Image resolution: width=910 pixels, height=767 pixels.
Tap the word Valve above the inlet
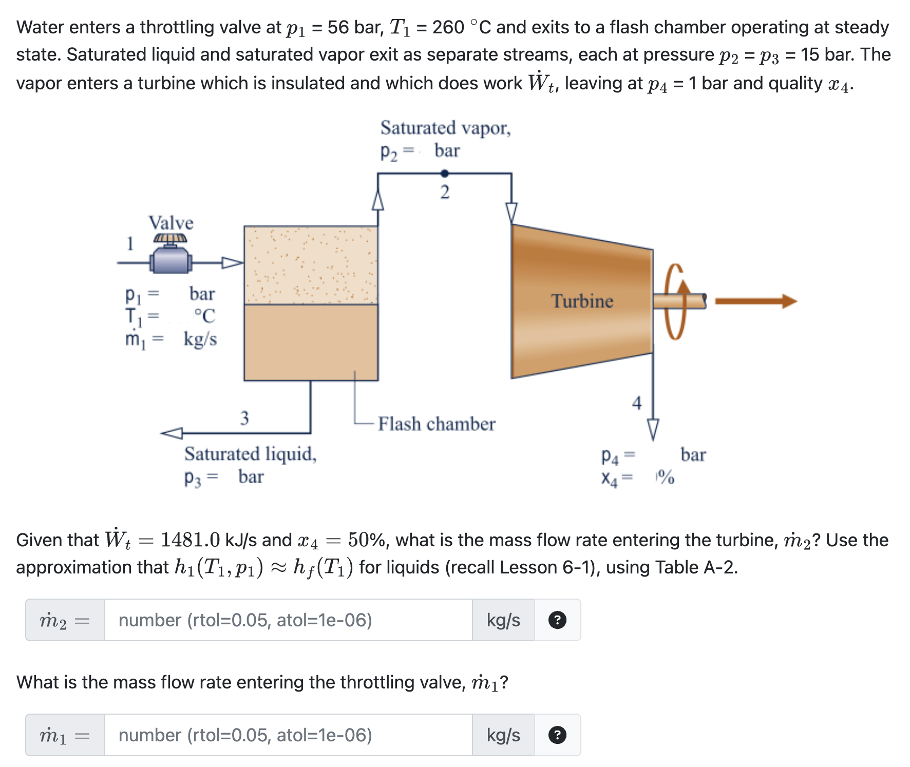point(171,223)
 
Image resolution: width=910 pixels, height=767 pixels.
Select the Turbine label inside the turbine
point(582,301)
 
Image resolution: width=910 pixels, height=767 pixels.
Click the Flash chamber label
point(437,424)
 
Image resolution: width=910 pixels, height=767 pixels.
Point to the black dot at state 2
point(445,174)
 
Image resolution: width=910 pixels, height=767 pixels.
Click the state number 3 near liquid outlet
point(244,418)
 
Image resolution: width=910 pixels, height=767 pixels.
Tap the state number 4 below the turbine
point(637,402)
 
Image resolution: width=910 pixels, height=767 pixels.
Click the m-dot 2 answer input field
point(288,620)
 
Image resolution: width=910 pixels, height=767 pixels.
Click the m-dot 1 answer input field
point(288,735)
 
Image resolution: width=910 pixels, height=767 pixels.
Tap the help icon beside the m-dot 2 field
point(557,620)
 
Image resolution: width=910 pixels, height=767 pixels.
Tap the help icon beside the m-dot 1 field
point(557,735)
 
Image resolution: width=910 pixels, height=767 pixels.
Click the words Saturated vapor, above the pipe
point(445,128)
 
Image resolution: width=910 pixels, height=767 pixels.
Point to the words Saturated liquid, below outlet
point(250,454)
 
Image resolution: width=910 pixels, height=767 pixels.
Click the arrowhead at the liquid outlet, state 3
point(172,433)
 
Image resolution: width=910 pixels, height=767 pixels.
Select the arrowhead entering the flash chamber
point(232,263)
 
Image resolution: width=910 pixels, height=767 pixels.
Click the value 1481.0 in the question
point(190,540)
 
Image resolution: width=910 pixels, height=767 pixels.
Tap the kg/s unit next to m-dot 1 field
point(503,735)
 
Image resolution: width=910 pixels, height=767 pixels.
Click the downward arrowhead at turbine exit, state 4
point(653,429)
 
